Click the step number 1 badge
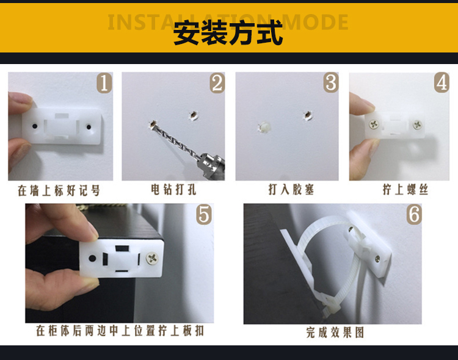104,82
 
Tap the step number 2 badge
217,83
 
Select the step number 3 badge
331,82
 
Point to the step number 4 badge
442,82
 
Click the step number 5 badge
204,214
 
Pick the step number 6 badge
414,214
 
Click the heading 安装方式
228,33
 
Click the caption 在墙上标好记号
59,190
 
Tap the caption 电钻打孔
173,190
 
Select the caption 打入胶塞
291,190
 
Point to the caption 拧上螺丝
405,190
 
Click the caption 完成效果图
335,333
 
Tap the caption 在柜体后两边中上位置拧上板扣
120,331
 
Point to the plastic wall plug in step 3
264,128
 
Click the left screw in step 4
374,124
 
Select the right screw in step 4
418,124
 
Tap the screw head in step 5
152,258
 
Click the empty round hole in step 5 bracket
92,258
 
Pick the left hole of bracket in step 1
35,126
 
